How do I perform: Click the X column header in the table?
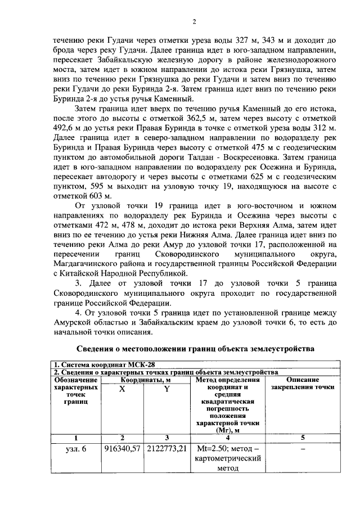point(122,390)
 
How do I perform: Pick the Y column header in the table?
point(166,390)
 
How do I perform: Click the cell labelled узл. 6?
point(76,449)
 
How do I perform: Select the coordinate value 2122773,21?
point(166,449)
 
